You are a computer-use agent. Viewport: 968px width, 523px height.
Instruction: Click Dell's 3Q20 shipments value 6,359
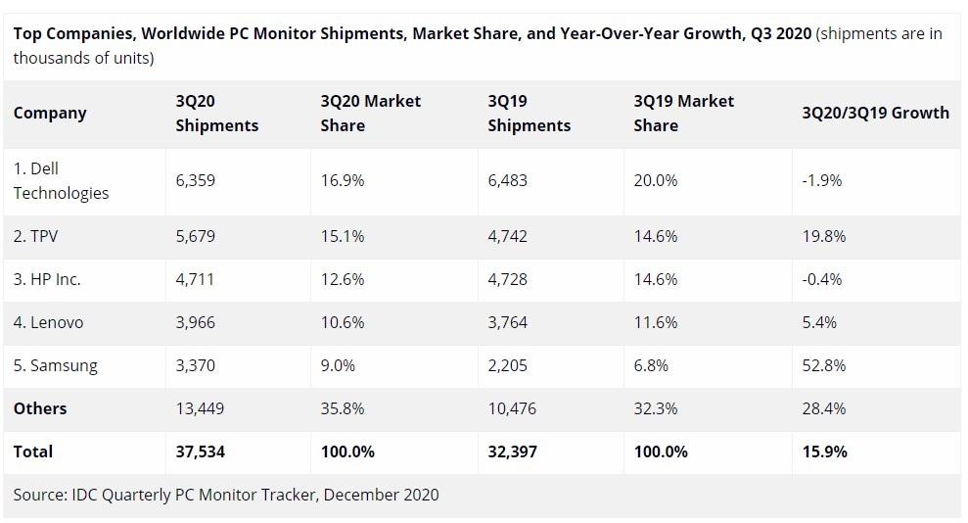(x=195, y=180)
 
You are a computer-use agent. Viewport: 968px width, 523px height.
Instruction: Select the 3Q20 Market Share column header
(x=370, y=113)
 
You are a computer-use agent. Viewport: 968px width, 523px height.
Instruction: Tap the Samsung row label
(x=55, y=365)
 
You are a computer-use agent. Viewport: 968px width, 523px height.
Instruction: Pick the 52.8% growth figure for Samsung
(x=823, y=365)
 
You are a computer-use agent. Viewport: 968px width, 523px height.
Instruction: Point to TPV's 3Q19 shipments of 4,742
(x=507, y=236)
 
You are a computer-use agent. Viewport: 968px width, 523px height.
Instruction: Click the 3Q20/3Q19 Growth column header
(x=875, y=113)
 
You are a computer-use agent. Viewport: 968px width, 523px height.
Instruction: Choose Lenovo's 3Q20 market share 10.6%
(x=343, y=322)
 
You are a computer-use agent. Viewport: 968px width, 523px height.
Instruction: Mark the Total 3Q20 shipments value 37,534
(x=201, y=452)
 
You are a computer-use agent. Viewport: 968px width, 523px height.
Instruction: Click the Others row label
(x=40, y=408)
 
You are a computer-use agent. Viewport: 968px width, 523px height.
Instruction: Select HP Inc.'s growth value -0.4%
(x=821, y=279)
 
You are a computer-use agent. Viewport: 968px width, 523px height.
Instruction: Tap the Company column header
(x=50, y=113)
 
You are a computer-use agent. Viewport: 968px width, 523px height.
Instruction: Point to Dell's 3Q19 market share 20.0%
(x=656, y=180)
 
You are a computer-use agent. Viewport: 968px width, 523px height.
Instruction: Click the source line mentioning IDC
(x=226, y=495)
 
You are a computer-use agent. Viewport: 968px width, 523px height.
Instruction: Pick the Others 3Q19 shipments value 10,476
(x=512, y=408)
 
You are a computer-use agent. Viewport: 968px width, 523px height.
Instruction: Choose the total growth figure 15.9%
(x=824, y=452)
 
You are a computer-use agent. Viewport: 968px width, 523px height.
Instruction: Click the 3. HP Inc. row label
(x=47, y=279)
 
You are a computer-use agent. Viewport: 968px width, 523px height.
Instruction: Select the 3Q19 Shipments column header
(x=529, y=113)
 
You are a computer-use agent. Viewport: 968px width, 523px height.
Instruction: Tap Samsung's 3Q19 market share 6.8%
(x=651, y=365)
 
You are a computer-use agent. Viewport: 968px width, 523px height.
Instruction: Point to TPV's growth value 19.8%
(x=823, y=236)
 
